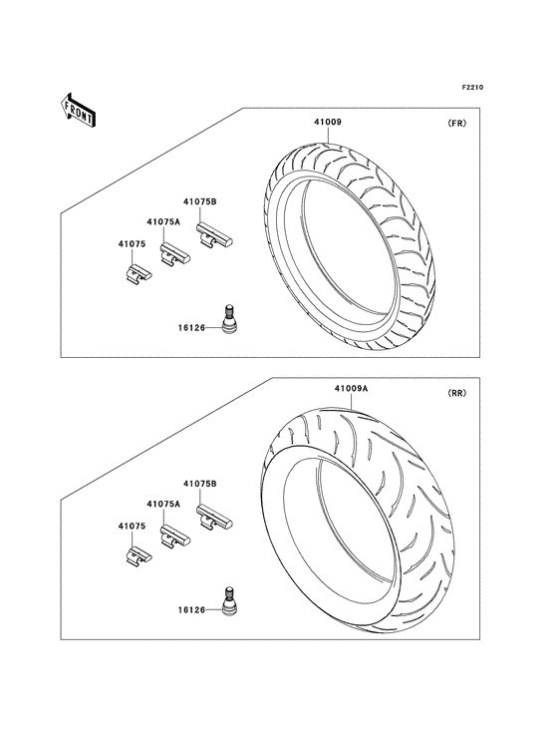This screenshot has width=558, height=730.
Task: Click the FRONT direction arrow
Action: pyautogui.click(x=78, y=110)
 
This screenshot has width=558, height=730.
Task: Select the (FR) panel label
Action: pyautogui.click(x=456, y=124)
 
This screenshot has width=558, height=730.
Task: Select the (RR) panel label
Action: pyautogui.click(x=456, y=393)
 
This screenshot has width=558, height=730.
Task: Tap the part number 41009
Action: pyautogui.click(x=328, y=122)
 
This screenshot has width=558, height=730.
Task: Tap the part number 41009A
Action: pyautogui.click(x=351, y=388)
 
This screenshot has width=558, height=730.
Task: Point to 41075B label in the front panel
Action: pyautogui.click(x=200, y=202)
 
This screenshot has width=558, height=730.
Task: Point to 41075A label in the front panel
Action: pyautogui.click(x=163, y=222)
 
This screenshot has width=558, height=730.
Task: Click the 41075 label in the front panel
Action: pyautogui.click(x=132, y=244)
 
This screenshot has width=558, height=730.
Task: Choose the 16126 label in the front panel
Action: pyautogui.click(x=191, y=328)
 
